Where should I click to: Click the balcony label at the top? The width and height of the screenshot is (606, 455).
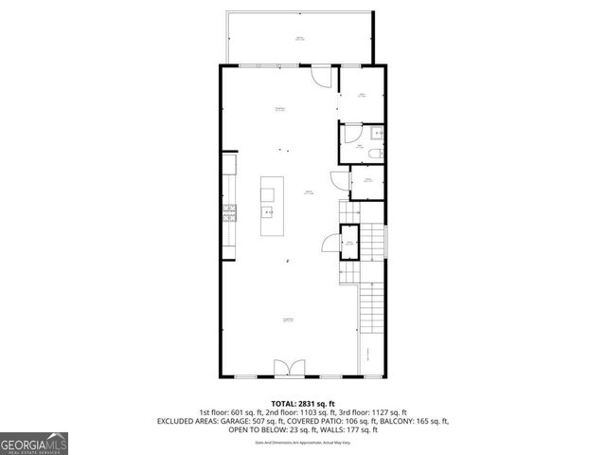tap(299, 39)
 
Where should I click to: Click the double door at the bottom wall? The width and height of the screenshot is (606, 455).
tap(285, 368)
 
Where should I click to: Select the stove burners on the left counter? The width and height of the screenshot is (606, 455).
tap(227, 214)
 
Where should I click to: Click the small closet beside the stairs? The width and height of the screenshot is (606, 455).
tap(349, 243)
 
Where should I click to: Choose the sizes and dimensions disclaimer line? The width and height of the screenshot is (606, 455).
tap(302, 443)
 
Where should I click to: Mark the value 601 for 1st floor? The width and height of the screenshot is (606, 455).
tap(238, 412)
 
